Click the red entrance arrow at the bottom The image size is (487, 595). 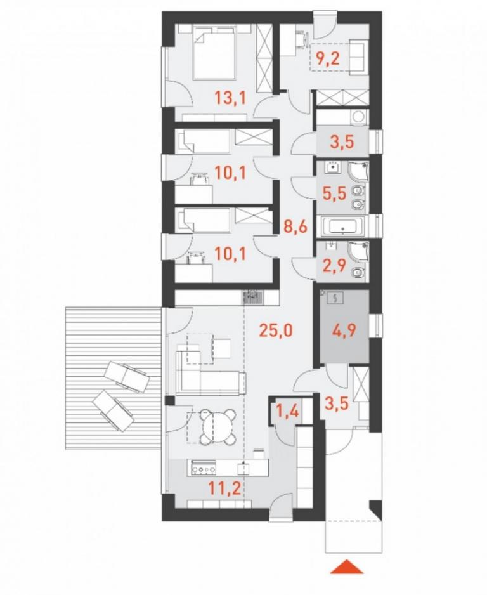[346, 567]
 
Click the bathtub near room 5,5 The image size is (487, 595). [343, 227]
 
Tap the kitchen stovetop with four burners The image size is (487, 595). [202, 467]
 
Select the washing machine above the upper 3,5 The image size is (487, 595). [358, 117]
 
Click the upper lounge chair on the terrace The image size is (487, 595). [127, 377]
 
